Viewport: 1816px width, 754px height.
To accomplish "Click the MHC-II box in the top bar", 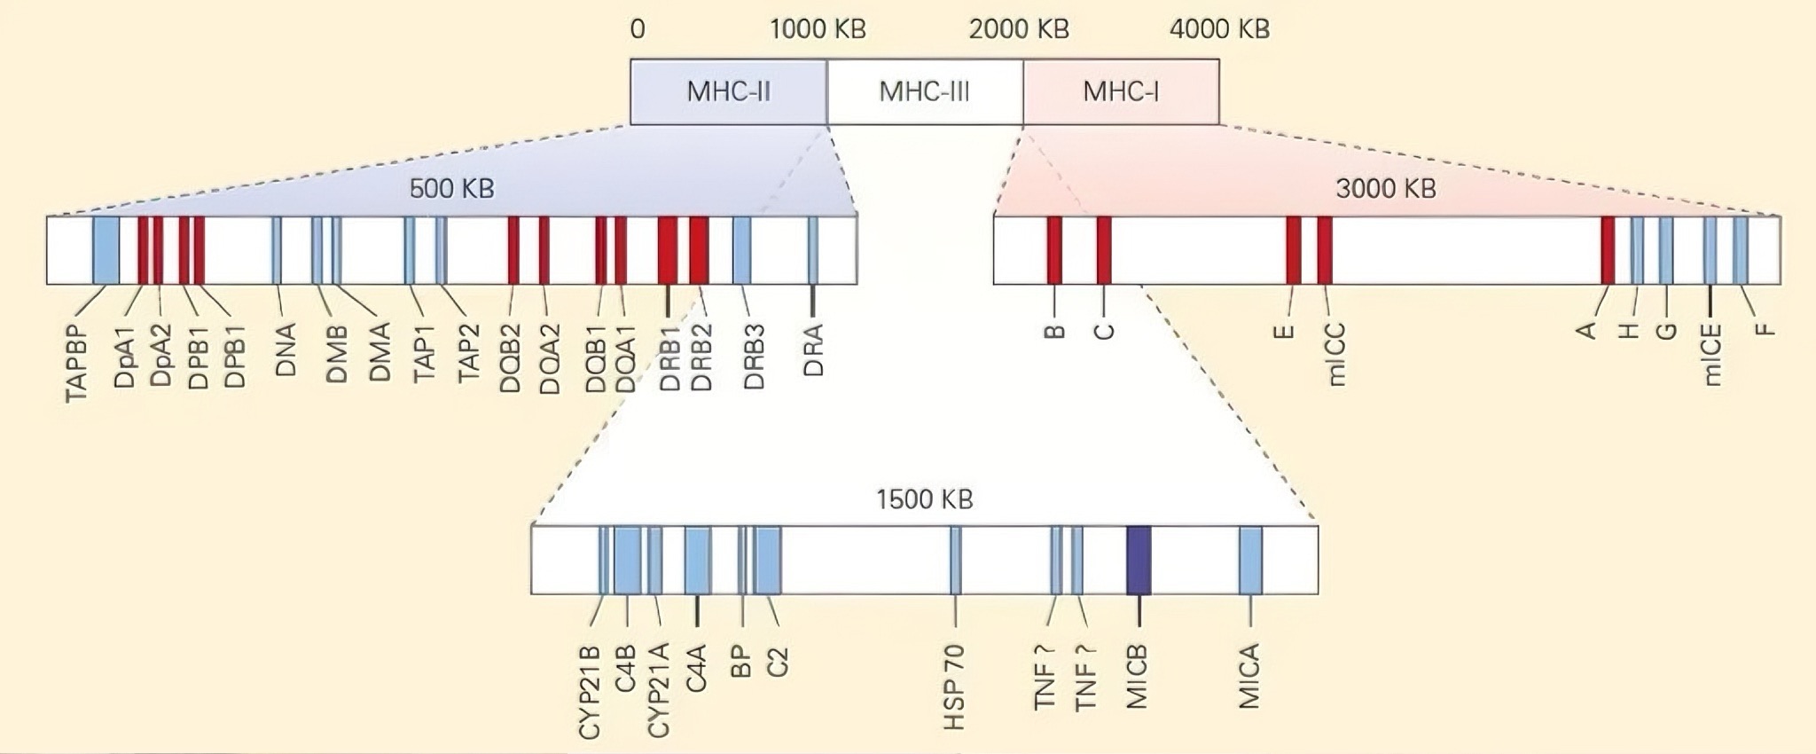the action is [729, 92].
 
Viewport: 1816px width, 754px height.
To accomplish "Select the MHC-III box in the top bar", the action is [925, 92].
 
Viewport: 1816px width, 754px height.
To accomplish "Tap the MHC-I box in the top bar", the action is [1121, 92].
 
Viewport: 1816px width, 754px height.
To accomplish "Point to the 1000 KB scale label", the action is [818, 29].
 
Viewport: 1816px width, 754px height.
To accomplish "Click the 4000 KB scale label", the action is [1219, 29].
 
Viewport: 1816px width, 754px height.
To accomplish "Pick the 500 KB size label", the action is [451, 188].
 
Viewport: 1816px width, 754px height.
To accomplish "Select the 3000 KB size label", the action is [1386, 188].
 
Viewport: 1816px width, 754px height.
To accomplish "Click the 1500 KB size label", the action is [925, 499].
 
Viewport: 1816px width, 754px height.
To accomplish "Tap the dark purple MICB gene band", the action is [1139, 560].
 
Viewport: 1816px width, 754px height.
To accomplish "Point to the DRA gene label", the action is [813, 350].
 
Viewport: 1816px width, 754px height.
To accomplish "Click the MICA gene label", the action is [1249, 676].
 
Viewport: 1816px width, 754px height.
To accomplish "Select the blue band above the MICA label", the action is [1250, 560].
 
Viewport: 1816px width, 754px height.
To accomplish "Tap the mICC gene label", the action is [1337, 355].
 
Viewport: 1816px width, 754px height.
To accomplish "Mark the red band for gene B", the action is [1054, 249].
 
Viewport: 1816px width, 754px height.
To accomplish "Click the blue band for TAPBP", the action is [106, 250].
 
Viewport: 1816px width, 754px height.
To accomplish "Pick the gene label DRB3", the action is [754, 357].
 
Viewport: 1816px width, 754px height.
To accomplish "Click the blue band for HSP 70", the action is [956, 560].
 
